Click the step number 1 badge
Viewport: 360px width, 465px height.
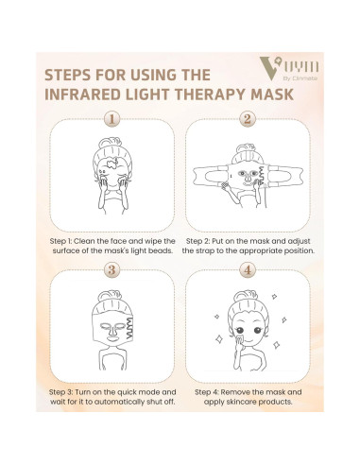click(112, 120)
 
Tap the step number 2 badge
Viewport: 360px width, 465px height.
click(247, 120)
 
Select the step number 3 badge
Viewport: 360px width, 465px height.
click(112, 268)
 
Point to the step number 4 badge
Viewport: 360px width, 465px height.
click(247, 268)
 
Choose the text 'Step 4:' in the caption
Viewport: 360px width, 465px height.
click(211, 389)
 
